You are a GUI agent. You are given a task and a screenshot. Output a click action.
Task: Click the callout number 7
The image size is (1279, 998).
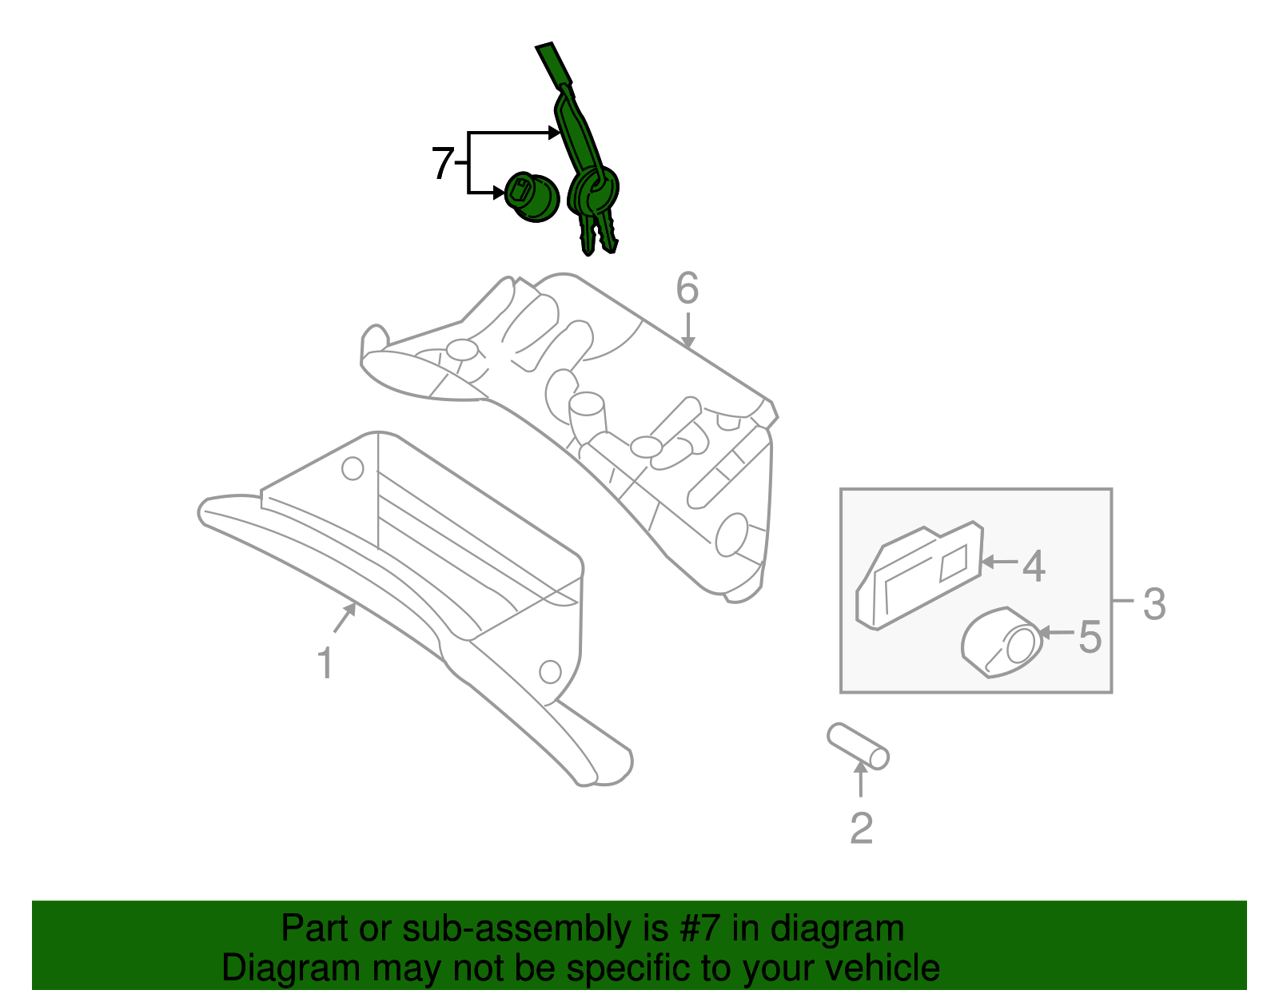click(443, 163)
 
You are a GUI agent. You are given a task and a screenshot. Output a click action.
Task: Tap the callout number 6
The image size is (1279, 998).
click(687, 288)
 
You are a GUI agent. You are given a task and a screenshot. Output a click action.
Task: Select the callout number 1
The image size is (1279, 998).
click(325, 664)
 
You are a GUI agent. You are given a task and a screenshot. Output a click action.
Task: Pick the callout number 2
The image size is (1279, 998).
click(861, 829)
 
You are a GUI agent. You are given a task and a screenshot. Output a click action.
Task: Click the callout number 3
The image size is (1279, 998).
click(1153, 604)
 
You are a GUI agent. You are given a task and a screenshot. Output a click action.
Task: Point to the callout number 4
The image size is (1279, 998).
click(1034, 566)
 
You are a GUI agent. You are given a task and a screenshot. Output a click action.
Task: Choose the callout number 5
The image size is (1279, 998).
click(1090, 637)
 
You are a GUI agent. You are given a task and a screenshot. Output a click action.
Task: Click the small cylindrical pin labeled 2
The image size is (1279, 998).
click(858, 746)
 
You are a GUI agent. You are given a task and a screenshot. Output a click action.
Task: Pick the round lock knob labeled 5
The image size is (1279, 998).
click(1002, 643)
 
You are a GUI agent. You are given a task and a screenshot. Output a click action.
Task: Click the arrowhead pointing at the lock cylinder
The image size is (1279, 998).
click(498, 192)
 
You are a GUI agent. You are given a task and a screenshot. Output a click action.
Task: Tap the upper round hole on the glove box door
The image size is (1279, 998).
click(353, 468)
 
